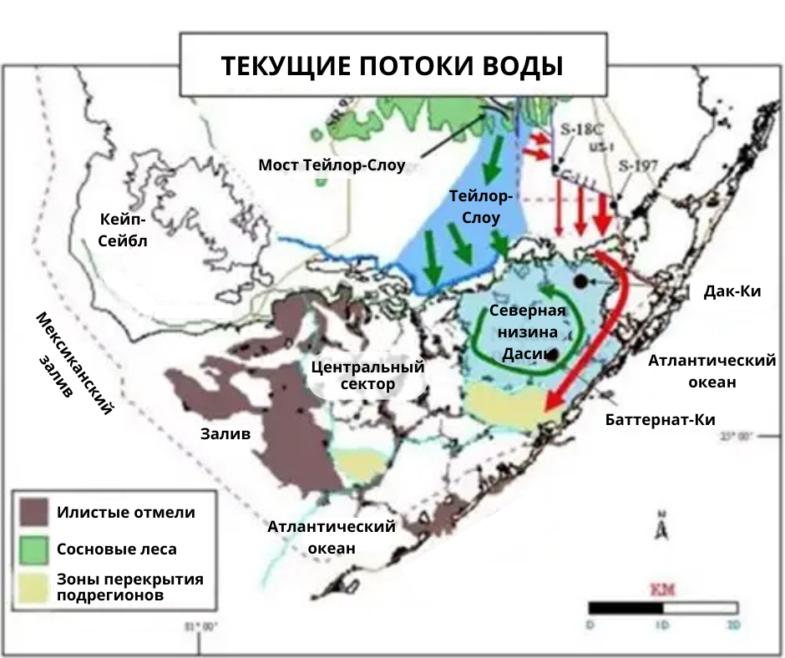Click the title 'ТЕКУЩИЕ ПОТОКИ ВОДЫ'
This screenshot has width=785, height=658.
[392, 66]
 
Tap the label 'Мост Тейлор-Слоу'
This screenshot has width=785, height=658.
[332, 165]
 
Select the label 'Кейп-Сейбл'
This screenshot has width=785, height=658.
[123, 230]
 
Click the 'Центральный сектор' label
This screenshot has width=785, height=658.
[367, 376]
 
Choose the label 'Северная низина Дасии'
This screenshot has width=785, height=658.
[527, 332]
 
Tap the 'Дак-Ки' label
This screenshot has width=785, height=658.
[732, 291]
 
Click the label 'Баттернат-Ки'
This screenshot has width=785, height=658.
[660, 419]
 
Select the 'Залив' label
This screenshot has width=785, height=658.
[225, 433]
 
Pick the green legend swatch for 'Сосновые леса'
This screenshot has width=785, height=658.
[34, 549]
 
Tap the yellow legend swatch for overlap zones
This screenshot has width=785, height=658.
[34, 587]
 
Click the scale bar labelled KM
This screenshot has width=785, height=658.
[663, 608]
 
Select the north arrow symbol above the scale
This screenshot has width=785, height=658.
[661, 527]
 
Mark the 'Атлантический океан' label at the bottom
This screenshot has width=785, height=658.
[331, 537]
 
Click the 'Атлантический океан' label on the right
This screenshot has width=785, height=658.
[712, 371]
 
